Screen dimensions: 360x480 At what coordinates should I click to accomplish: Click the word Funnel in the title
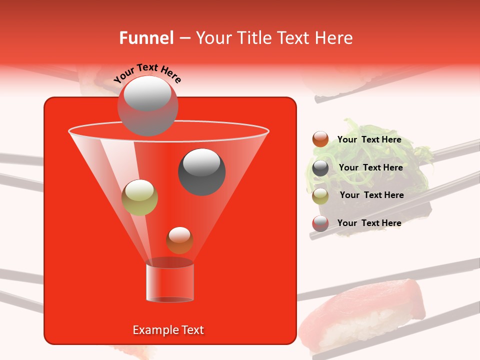(146, 38)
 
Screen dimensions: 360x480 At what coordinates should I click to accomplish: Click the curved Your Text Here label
(147, 73)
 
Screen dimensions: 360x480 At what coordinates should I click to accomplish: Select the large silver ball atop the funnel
(147, 105)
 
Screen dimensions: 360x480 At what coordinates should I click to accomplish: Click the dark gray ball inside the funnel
(201, 171)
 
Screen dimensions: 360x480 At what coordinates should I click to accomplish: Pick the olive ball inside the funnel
(139, 197)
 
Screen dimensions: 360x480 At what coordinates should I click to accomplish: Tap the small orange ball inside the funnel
(179, 240)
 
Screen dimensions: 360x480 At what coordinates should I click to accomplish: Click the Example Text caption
(168, 330)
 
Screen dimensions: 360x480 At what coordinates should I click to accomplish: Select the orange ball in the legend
(320, 139)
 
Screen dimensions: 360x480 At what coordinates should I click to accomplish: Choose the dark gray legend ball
(320, 168)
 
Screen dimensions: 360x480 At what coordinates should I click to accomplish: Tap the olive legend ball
(320, 195)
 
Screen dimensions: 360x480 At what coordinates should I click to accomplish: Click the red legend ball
(320, 223)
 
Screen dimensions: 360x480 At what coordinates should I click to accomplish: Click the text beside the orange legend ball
(369, 140)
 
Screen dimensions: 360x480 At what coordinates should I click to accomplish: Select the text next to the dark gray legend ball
(370, 167)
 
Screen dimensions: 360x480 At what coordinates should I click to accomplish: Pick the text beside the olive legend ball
(371, 195)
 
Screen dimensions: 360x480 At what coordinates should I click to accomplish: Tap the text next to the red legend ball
(369, 223)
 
